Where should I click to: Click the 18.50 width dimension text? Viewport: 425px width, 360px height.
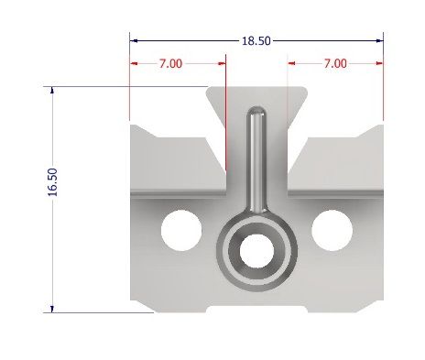click(x=256, y=40)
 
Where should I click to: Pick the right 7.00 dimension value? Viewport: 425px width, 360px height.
click(x=335, y=63)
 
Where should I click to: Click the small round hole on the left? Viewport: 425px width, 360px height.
click(x=180, y=229)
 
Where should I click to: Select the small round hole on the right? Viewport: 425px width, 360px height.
click(x=330, y=229)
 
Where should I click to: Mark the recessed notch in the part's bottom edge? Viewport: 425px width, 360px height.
click(x=256, y=307)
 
